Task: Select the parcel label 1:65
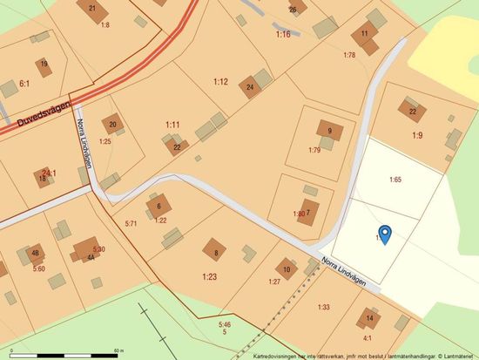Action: (x=395, y=180)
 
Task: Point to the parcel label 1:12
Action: (x=220, y=82)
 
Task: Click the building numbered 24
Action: (x=251, y=86)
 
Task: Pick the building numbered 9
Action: (x=329, y=132)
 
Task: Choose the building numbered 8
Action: (x=216, y=252)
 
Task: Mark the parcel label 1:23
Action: (x=209, y=276)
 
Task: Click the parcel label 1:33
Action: (x=324, y=307)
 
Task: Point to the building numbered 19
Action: (x=44, y=65)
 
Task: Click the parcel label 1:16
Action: (x=283, y=34)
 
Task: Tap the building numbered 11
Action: (x=364, y=35)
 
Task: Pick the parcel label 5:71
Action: (x=132, y=224)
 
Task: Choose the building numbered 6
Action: (x=159, y=207)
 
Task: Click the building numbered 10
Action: (x=287, y=268)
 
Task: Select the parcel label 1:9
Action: (x=418, y=135)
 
